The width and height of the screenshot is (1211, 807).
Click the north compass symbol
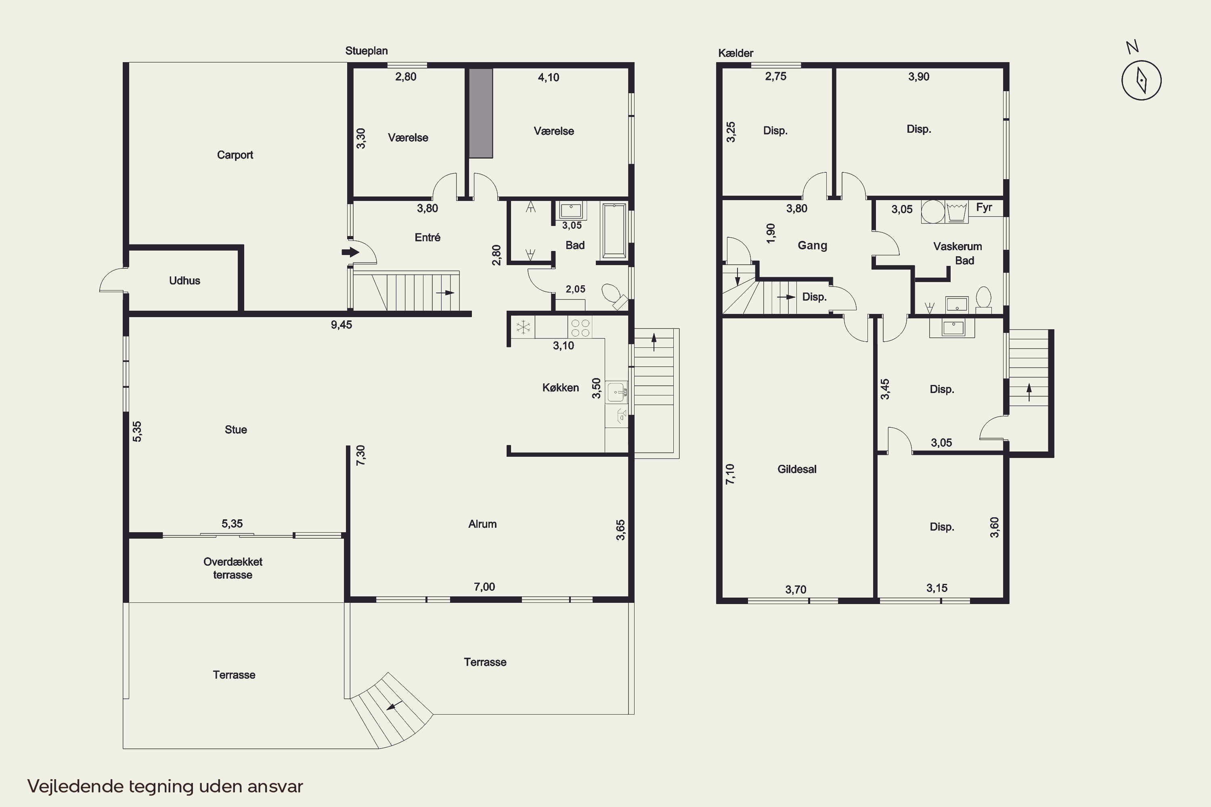(x=1141, y=80)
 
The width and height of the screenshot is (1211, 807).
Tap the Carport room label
(x=235, y=155)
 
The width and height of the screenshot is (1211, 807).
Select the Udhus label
(x=184, y=280)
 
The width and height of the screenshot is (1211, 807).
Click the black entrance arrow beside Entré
(x=350, y=252)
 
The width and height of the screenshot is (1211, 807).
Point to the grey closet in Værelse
(x=480, y=113)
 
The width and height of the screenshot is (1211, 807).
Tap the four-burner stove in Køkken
(x=580, y=328)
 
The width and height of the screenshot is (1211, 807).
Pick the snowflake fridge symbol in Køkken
(x=523, y=327)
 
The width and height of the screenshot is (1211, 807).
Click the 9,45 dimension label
(x=342, y=325)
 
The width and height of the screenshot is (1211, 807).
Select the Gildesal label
(x=796, y=469)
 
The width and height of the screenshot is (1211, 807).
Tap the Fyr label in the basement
(x=984, y=207)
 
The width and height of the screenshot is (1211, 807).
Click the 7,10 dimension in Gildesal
(x=730, y=474)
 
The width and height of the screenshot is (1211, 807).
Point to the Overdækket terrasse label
(x=233, y=568)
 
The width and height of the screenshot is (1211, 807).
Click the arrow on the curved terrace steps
(x=394, y=706)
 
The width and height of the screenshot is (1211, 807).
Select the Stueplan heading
(x=366, y=51)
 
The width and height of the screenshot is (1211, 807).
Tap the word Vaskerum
(x=957, y=246)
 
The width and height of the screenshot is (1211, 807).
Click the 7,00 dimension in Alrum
(x=484, y=587)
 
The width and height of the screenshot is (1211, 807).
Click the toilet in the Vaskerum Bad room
(x=983, y=299)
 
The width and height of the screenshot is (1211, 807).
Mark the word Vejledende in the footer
(x=75, y=786)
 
